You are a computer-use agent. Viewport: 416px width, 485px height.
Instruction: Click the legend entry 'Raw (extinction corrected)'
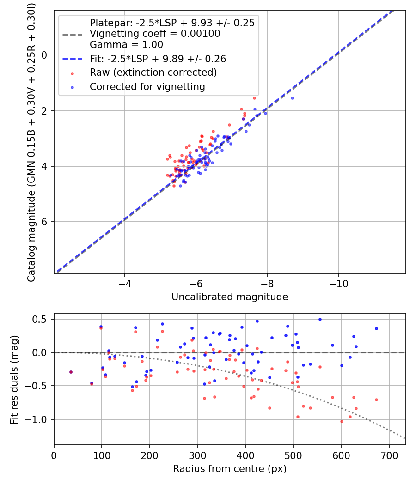(153, 73)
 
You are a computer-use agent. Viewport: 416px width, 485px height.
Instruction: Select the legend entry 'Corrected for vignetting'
(147, 87)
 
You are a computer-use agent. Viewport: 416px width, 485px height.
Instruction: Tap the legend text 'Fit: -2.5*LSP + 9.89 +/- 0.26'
(158, 59)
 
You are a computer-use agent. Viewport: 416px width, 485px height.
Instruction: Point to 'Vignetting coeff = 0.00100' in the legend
(155, 33)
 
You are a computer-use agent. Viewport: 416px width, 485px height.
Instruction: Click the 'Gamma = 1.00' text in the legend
(126, 44)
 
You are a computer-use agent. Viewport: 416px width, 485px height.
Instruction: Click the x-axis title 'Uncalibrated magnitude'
(230, 297)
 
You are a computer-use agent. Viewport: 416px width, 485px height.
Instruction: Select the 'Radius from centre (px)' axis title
(230, 469)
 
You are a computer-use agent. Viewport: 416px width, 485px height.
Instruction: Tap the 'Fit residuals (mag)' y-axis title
(14, 380)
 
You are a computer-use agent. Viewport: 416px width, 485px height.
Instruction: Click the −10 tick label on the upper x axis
(338, 284)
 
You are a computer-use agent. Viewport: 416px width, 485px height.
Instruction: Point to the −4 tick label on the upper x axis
(125, 284)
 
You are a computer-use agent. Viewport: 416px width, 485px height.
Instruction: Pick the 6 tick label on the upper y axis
(44, 222)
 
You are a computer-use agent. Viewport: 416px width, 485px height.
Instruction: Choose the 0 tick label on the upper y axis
(44, 55)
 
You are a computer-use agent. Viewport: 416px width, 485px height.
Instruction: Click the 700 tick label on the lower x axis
(389, 455)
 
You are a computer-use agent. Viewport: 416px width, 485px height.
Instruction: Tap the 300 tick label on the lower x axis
(197, 455)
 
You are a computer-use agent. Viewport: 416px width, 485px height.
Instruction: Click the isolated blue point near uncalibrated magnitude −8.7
(292, 98)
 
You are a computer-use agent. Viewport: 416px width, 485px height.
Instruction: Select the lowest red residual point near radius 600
(342, 421)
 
